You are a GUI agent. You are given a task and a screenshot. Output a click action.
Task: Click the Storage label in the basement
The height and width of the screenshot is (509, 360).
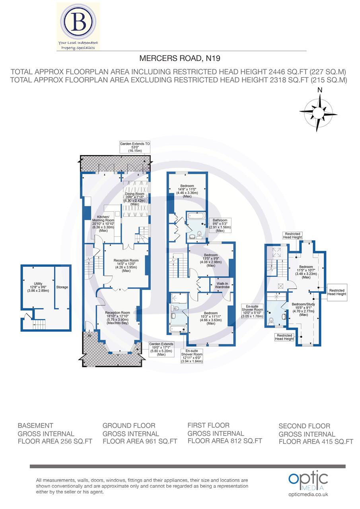[62, 287]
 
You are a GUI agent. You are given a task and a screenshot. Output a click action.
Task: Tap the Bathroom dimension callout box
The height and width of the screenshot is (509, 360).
[220, 225]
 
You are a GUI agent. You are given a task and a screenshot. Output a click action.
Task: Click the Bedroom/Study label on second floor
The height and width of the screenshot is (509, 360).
[304, 309]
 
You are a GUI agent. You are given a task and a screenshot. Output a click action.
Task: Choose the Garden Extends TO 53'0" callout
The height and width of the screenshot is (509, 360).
[135, 147]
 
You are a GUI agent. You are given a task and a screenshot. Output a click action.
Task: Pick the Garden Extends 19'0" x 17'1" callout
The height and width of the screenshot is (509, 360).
[162, 348]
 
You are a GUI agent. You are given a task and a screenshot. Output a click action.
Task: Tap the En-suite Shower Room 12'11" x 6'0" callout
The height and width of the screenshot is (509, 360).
[192, 356]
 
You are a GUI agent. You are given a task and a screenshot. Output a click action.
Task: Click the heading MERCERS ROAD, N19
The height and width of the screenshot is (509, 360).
[180, 59]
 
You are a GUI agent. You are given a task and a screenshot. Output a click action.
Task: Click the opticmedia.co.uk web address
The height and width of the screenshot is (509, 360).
[308, 494]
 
